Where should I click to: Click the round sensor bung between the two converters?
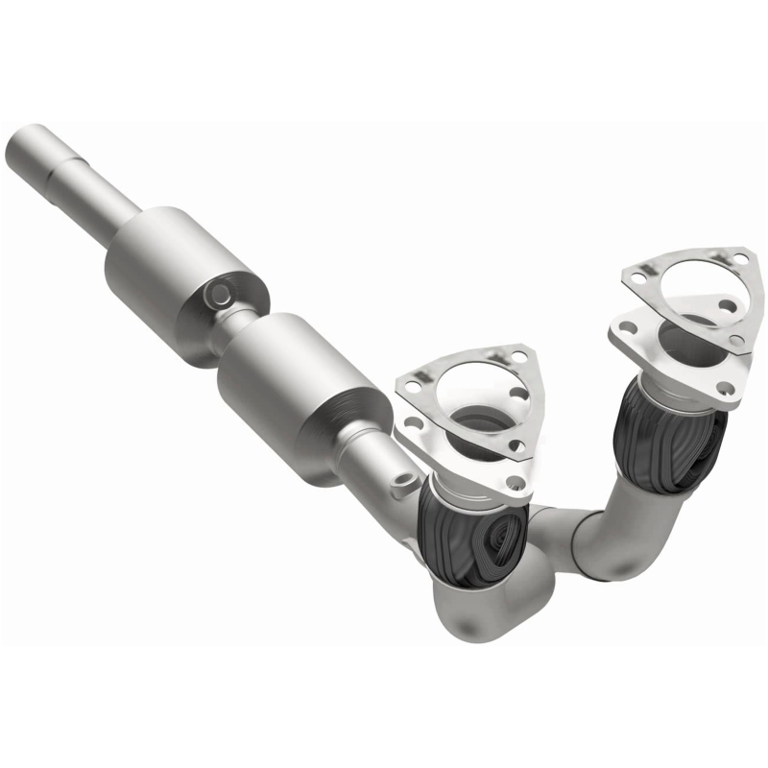pos(219,290)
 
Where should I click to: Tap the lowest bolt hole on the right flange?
pos(726,388)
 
